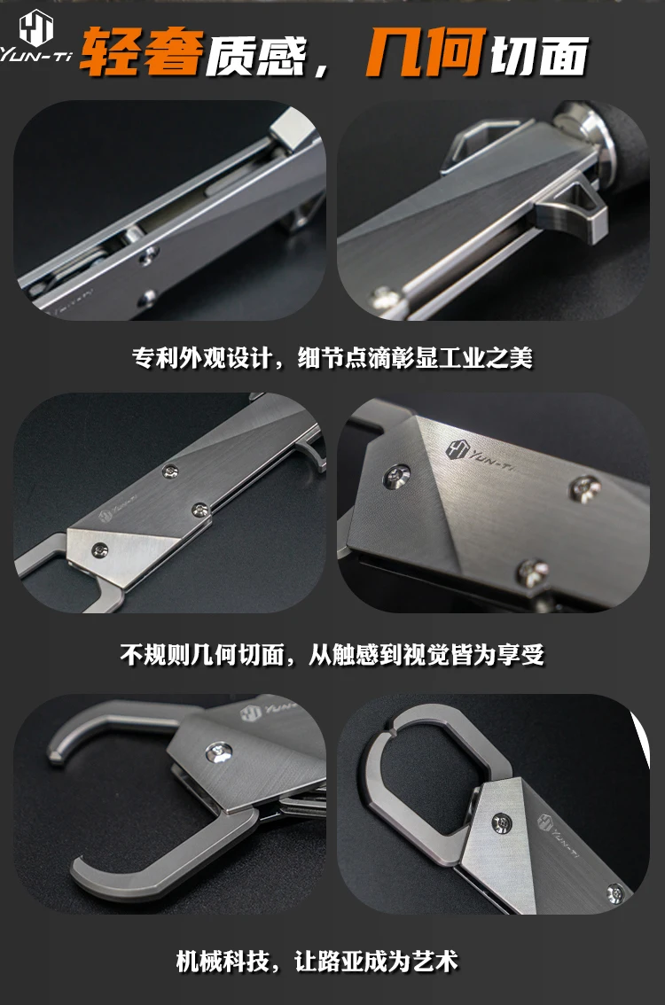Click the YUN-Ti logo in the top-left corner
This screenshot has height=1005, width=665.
[35, 38]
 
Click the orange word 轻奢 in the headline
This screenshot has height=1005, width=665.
[142, 52]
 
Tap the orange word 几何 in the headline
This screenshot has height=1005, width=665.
[424, 52]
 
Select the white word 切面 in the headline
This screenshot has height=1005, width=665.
[539, 55]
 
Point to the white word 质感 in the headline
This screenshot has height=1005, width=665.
[255, 55]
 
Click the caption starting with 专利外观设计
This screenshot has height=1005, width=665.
[332, 358]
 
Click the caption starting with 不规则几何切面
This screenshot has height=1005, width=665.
[332, 654]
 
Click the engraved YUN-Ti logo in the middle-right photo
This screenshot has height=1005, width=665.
[478, 455]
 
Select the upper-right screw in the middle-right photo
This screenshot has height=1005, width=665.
[585, 489]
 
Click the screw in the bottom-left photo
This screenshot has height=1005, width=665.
[218, 752]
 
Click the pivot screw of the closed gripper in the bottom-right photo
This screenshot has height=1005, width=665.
[502, 822]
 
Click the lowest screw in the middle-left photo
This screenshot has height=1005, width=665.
[100, 550]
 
